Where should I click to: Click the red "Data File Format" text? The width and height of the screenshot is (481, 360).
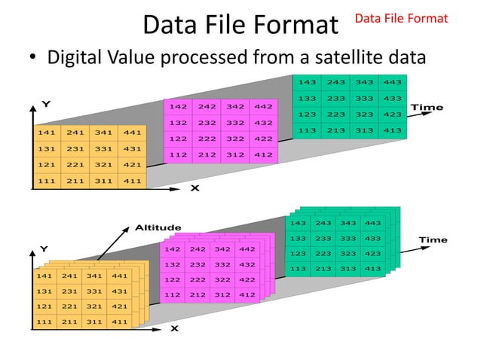(x=402, y=17)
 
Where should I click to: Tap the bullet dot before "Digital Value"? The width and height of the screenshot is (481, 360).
(x=32, y=58)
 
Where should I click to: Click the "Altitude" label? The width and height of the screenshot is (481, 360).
(x=158, y=227)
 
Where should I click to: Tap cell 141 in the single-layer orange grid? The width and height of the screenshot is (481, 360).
(x=45, y=133)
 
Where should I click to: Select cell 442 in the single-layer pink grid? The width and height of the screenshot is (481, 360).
(x=263, y=107)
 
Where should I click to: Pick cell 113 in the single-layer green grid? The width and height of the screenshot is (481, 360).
(x=307, y=130)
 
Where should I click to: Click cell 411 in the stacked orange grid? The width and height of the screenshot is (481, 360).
(x=121, y=322)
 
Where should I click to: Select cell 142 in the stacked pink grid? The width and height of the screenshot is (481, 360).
(x=173, y=249)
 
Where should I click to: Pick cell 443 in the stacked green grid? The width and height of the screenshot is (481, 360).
(x=372, y=223)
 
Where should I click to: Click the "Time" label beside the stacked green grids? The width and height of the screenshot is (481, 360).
(x=433, y=240)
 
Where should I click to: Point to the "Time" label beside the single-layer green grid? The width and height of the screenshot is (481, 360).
(x=426, y=108)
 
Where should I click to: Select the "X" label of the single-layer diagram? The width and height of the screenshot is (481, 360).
(x=195, y=188)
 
